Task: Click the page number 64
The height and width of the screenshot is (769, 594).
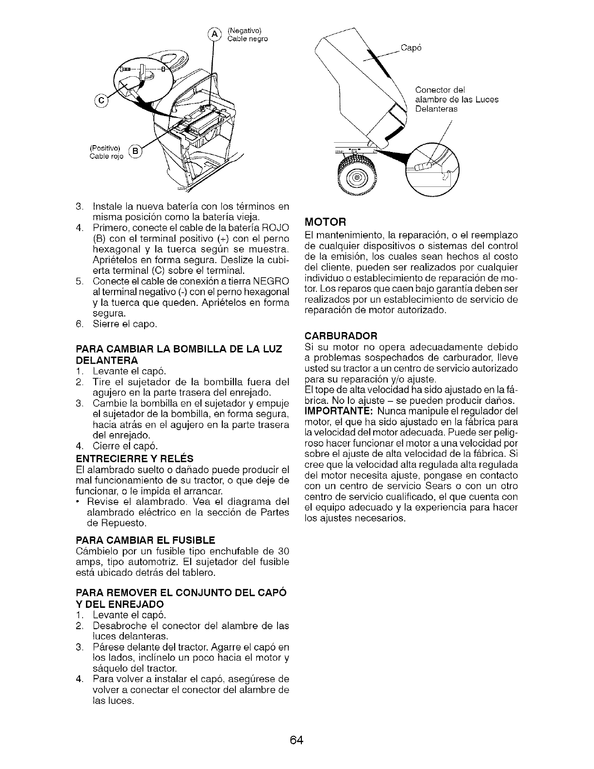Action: [297, 740]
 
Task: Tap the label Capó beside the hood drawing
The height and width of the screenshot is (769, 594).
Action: [412, 48]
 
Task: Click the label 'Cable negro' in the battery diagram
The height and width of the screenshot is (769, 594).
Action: [247, 39]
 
